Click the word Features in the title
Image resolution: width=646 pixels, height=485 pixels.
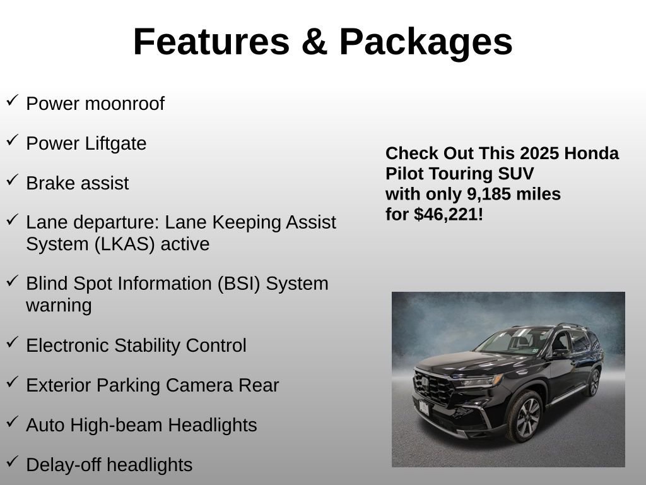(x=211, y=42)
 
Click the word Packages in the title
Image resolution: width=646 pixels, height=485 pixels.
(x=426, y=42)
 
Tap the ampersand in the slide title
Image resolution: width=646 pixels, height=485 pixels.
(x=314, y=42)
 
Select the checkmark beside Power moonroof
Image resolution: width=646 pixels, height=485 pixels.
(x=12, y=100)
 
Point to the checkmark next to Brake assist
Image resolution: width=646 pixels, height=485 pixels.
(x=12, y=180)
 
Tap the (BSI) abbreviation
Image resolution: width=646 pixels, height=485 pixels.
(x=238, y=284)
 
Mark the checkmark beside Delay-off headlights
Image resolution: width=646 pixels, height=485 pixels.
(x=12, y=462)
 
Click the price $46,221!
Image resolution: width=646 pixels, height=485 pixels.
(x=448, y=214)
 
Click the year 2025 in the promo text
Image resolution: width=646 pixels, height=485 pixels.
(x=540, y=153)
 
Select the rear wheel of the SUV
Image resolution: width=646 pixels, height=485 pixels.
(x=593, y=383)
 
